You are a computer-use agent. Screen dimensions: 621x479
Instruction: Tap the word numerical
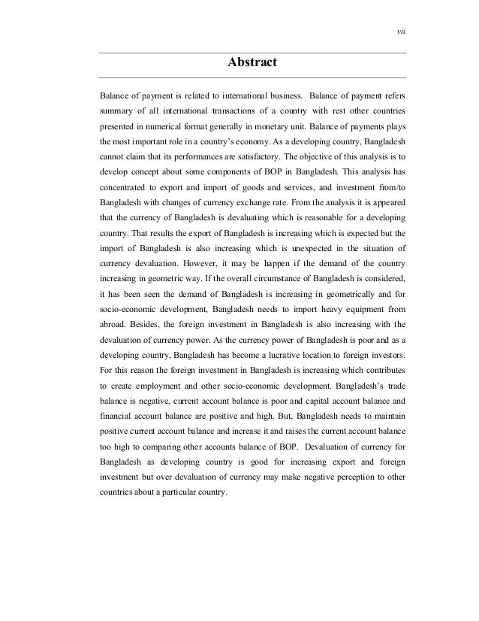[x=161, y=126]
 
